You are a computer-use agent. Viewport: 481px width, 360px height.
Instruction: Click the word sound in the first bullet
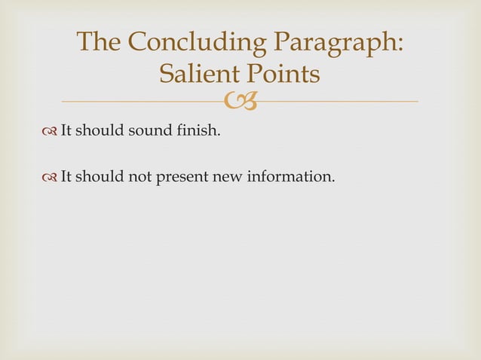(142, 134)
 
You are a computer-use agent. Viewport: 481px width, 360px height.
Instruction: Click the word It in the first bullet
(66, 134)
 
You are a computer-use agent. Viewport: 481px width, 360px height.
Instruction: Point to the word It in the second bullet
(66, 178)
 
